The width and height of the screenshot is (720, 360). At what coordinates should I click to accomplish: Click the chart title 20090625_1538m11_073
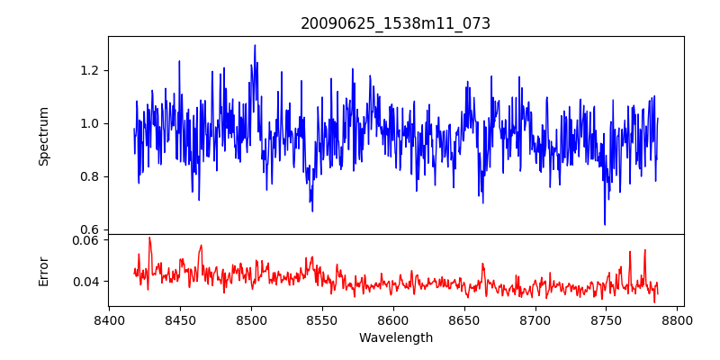coord(395,23)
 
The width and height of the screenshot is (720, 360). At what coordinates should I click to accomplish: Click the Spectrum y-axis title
coord(43,136)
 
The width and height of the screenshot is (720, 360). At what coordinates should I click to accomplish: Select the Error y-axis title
coord(43,271)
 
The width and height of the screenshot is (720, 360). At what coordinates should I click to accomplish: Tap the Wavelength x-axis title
coord(395,338)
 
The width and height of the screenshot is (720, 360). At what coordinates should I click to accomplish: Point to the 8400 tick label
coord(109,319)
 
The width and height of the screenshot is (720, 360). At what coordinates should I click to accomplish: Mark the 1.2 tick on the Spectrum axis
coord(91,71)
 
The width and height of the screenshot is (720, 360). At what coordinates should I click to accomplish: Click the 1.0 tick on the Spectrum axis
coord(91,123)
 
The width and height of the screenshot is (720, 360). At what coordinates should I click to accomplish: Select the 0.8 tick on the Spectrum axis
coord(91,176)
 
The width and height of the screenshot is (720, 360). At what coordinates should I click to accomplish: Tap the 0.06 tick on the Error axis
coord(86,240)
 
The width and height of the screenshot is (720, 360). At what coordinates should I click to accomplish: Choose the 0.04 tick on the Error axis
coord(86,282)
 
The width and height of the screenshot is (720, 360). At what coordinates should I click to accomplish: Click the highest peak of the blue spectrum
coord(255,45)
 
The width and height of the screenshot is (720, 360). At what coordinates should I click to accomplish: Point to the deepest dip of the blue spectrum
coord(605,224)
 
